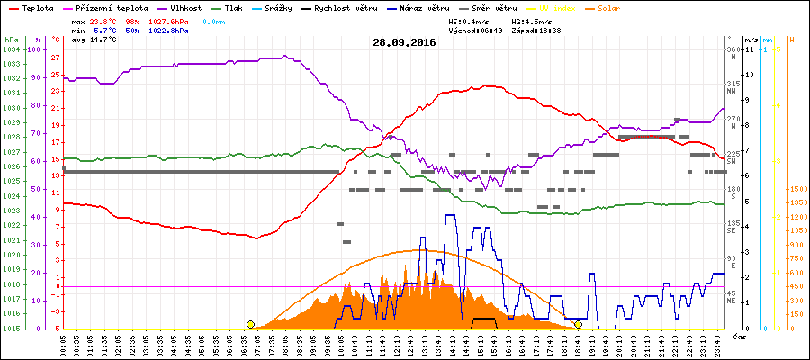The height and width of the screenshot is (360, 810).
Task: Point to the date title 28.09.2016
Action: point(405,42)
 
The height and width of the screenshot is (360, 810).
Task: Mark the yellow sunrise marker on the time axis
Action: point(251,324)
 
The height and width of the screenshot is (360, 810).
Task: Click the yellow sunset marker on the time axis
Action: point(578,324)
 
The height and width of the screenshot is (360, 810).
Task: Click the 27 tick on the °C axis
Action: point(55,57)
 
